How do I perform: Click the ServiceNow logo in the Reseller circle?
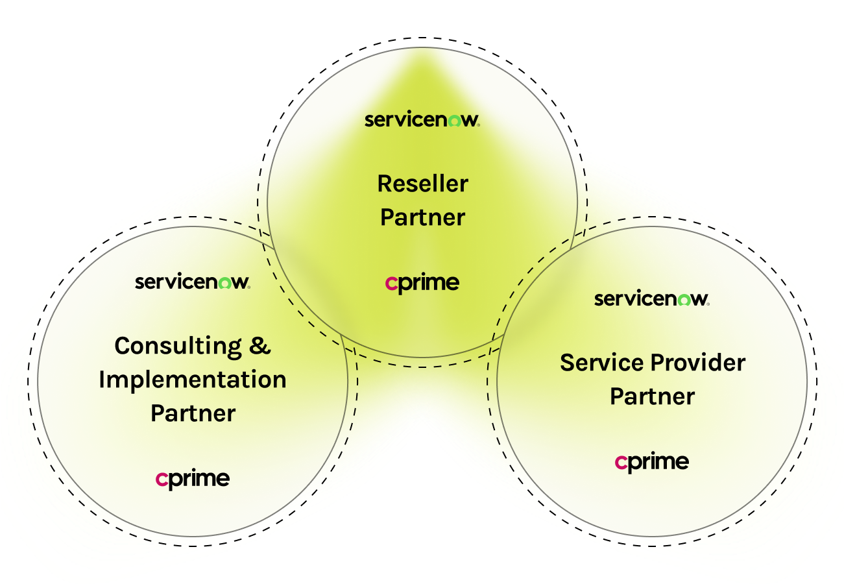[422, 120]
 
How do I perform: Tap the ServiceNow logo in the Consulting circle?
[192, 282]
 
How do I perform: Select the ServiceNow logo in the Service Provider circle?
[651, 299]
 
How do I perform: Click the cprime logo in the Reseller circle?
[422, 284]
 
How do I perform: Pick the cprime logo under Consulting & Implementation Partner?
[193, 480]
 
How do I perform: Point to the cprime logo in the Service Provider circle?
[652, 463]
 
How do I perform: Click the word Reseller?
[422, 184]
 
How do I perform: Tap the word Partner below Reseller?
[422, 217]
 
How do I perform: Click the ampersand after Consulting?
[259, 346]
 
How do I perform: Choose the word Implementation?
[193, 380]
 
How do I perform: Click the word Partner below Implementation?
[193, 413]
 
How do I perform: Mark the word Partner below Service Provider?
[652, 396]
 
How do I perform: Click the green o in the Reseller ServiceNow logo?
[455, 121]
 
